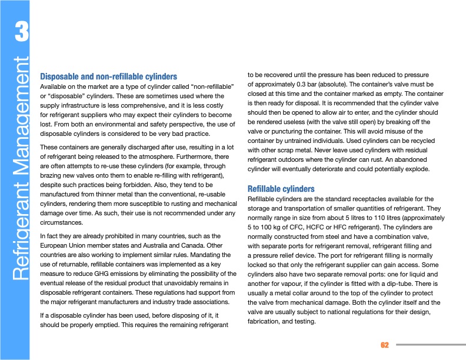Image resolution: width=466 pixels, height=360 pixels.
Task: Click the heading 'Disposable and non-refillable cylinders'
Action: (108, 76)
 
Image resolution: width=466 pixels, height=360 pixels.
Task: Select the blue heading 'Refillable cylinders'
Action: (281, 189)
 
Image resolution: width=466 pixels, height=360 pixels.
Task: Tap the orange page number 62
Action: (385, 345)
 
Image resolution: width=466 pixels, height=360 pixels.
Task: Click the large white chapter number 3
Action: (21, 32)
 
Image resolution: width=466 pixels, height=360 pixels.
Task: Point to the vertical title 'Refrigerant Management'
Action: (21, 168)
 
